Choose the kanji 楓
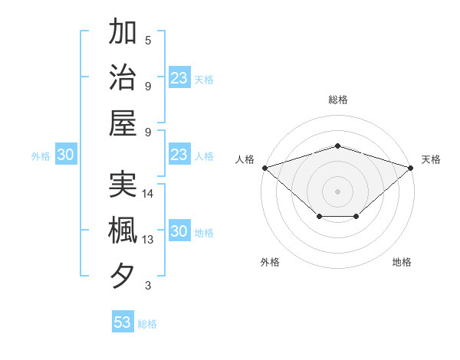(123, 230)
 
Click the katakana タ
(123, 274)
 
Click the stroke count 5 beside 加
(148, 41)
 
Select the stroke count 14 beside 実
(148, 194)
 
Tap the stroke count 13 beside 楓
(148, 240)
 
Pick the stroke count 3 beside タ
(148, 286)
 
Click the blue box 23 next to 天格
(179, 78)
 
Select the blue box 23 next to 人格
(179, 155)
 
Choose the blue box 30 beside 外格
(65, 155)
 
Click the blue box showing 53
(123, 322)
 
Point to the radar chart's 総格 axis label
(337, 100)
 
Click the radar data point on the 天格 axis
(411, 168)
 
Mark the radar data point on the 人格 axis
(264, 168)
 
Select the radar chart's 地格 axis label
(402, 263)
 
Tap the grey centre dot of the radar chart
(337, 191)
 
